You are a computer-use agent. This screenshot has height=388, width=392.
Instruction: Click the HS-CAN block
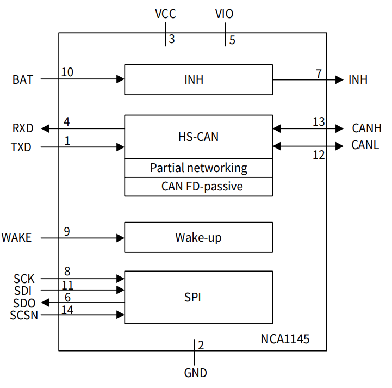198,137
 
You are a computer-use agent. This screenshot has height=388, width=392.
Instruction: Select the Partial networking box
198,168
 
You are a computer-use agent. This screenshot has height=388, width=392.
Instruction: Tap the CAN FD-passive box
198,187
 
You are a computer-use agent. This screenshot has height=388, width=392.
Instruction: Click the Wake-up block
198,237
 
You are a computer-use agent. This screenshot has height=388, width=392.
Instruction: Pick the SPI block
198,297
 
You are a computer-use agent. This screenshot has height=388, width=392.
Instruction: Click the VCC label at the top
165,14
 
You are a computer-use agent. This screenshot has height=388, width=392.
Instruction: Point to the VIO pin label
225,14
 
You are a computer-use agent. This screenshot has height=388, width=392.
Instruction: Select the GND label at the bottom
195,373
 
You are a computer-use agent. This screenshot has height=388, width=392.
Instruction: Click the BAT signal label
23,80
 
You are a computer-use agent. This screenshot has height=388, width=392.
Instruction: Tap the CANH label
366,128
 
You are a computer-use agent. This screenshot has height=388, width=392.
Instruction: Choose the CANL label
366,146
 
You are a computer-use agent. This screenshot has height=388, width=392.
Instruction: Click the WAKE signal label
17,238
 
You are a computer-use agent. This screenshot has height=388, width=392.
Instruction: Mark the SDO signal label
24,303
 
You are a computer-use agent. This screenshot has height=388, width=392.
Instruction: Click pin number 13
319,121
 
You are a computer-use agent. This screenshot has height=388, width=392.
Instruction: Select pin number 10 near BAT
67,72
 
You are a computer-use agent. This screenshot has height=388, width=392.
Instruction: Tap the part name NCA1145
285,340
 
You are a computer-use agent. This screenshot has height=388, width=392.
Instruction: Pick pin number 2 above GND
201,345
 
